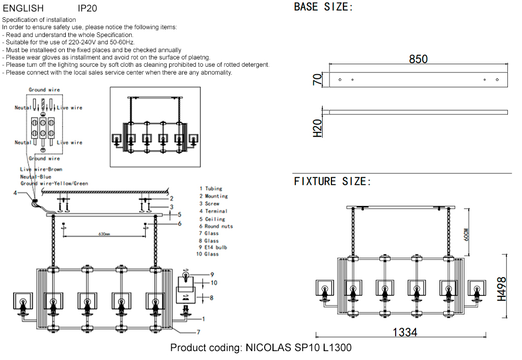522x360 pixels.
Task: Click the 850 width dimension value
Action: (418, 59)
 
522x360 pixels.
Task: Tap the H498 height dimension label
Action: (502, 289)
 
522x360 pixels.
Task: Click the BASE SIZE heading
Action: (324, 7)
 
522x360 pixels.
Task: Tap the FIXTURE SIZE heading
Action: (333, 182)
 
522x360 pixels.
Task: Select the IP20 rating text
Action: (87, 8)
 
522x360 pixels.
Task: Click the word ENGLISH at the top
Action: (23, 8)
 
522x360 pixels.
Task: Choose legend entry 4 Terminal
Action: (213, 211)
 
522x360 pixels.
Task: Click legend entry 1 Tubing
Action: (210, 188)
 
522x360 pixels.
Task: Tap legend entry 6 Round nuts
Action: (216, 226)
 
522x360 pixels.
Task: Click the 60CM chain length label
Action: (466, 234)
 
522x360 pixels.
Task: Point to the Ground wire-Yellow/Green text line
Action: (54, 184)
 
